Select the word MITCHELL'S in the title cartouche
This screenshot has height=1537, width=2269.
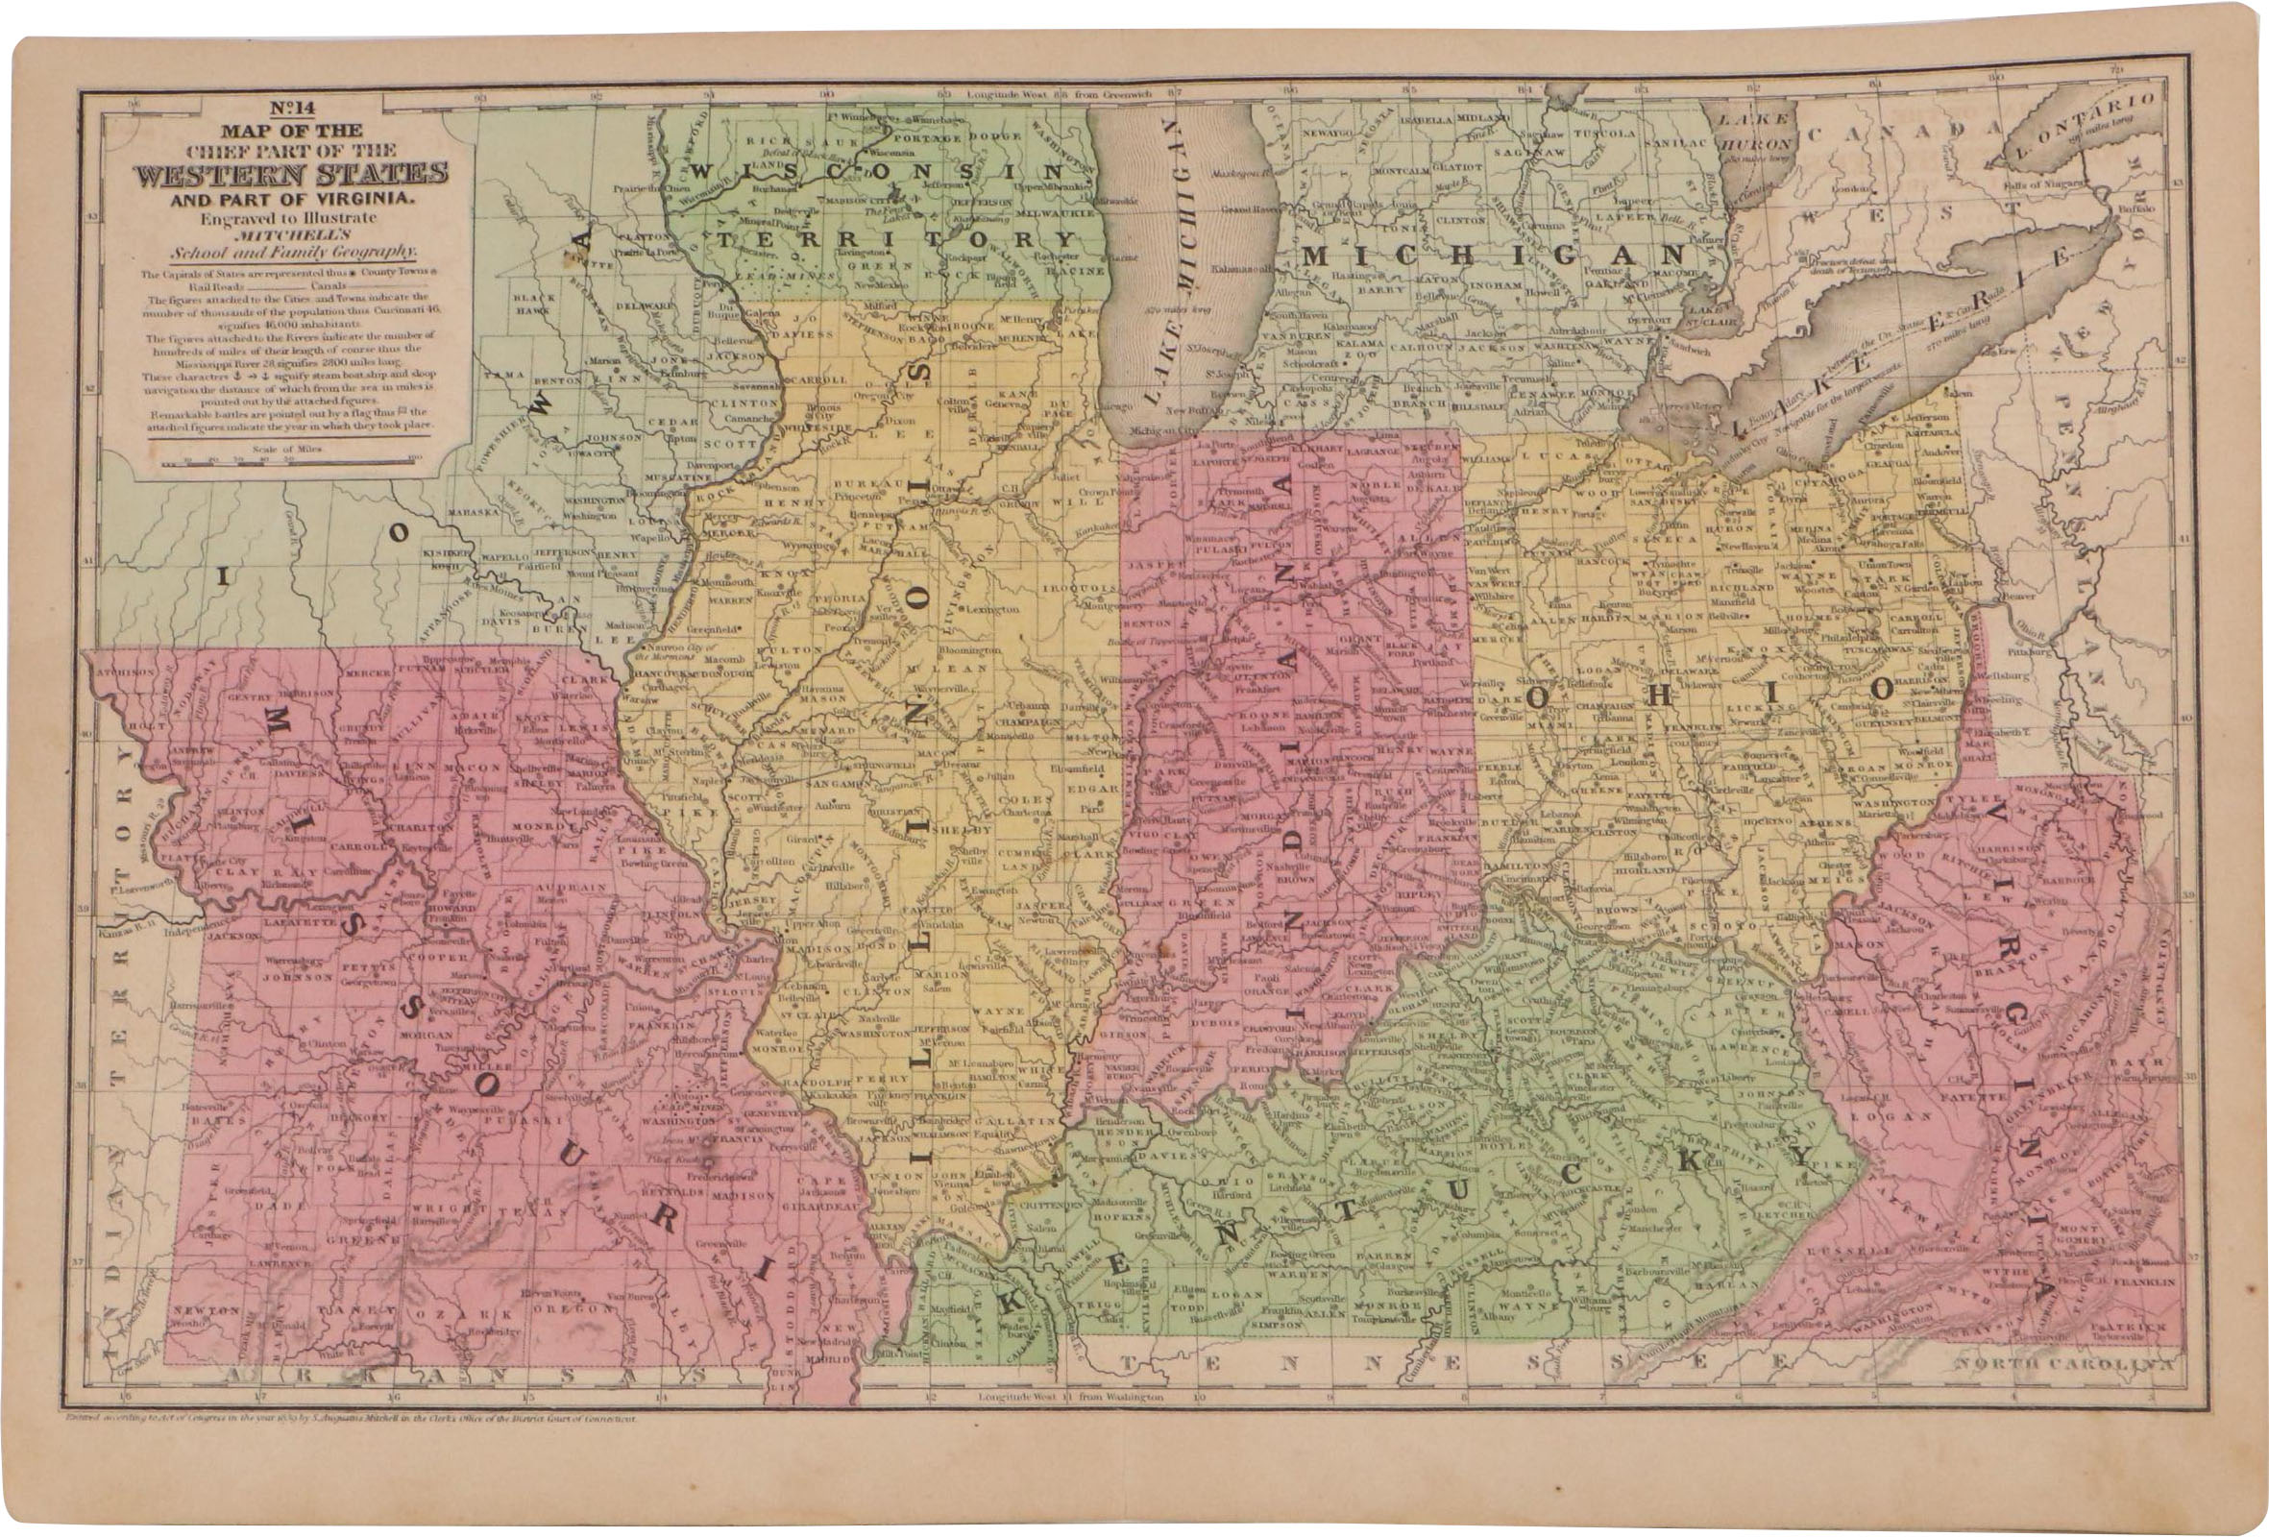[289, 234]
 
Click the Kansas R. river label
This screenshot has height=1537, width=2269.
[121, 933]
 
